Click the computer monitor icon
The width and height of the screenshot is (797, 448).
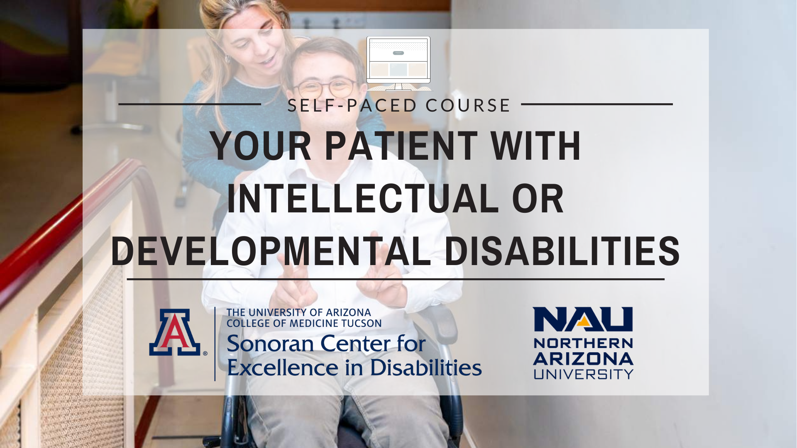click(398, 63)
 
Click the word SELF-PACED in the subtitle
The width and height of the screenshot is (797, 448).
click(352, 105)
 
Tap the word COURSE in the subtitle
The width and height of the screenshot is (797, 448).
click(468, 105)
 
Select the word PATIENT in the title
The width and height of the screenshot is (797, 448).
click(401, 146)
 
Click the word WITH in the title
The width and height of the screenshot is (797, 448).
click(536, 146)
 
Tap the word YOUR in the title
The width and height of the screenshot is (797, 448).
click(261, 146)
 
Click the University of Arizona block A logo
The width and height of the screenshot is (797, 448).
click(175, 332)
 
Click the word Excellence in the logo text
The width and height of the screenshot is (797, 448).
click(283, 368)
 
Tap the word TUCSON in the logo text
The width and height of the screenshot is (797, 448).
click(362, 324)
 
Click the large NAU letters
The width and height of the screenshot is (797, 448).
click(583, 319)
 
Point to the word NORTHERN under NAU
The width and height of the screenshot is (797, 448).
click(583, 343)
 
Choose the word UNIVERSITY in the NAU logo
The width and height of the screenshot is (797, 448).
click(583, 374)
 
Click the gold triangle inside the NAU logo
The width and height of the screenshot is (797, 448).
click(584, 321)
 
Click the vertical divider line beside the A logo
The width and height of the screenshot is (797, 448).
click(215, 344)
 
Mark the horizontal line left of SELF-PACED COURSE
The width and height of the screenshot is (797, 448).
click(190, 104)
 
